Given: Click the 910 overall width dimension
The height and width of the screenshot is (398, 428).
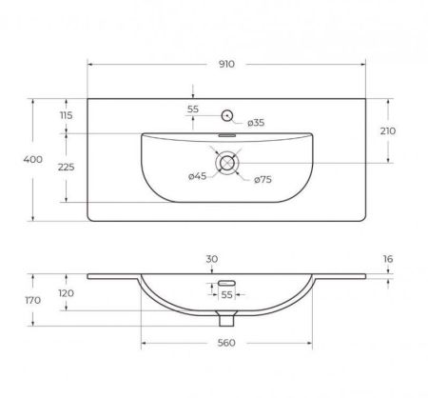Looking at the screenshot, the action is point(226,64).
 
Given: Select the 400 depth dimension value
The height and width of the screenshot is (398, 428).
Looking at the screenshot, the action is point(32,159).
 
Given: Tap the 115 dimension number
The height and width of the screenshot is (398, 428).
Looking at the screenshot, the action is point(66,115).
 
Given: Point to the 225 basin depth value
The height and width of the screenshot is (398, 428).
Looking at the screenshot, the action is point(66,167).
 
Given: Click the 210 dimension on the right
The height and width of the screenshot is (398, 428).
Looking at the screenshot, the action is point(388,130).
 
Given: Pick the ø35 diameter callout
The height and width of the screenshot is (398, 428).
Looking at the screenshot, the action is point(256,123).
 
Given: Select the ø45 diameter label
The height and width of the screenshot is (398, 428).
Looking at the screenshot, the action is point(197,176).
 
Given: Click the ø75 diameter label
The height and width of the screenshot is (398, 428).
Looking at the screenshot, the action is point(263,180).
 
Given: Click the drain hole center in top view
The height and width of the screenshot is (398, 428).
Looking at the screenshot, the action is point(227,163).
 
